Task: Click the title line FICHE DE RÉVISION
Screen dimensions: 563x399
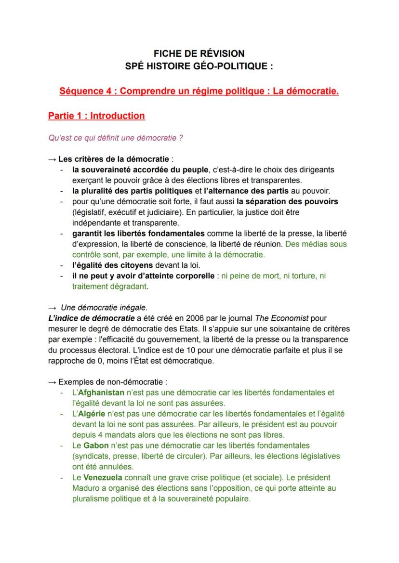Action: [199, 53]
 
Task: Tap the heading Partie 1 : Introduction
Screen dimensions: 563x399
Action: [96, 116]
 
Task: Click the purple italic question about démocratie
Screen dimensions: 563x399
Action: [116, 138]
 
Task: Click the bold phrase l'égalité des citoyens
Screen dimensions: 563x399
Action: [112, 265]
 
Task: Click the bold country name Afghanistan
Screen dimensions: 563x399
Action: [102, 393]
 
